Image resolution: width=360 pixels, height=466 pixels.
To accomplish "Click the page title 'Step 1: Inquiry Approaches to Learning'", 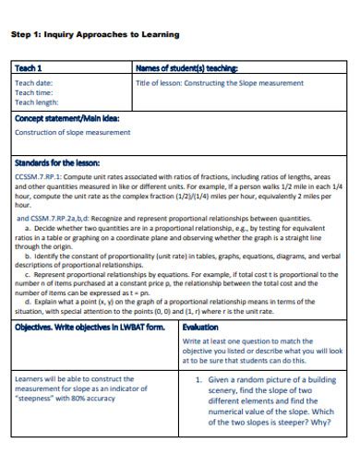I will point(94,34).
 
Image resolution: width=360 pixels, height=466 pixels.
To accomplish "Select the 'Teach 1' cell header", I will point(29,68).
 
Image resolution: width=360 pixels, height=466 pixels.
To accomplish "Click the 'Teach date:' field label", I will point(34,82).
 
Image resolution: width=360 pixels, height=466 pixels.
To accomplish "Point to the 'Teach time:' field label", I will point(34,92).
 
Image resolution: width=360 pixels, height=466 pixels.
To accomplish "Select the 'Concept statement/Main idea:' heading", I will point(67,118).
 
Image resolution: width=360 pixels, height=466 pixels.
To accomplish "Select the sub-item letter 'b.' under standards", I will point(28,255).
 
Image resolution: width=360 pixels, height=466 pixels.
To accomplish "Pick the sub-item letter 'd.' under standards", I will point(28,302).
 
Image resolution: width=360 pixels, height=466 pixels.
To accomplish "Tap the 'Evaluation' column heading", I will point(201,328).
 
